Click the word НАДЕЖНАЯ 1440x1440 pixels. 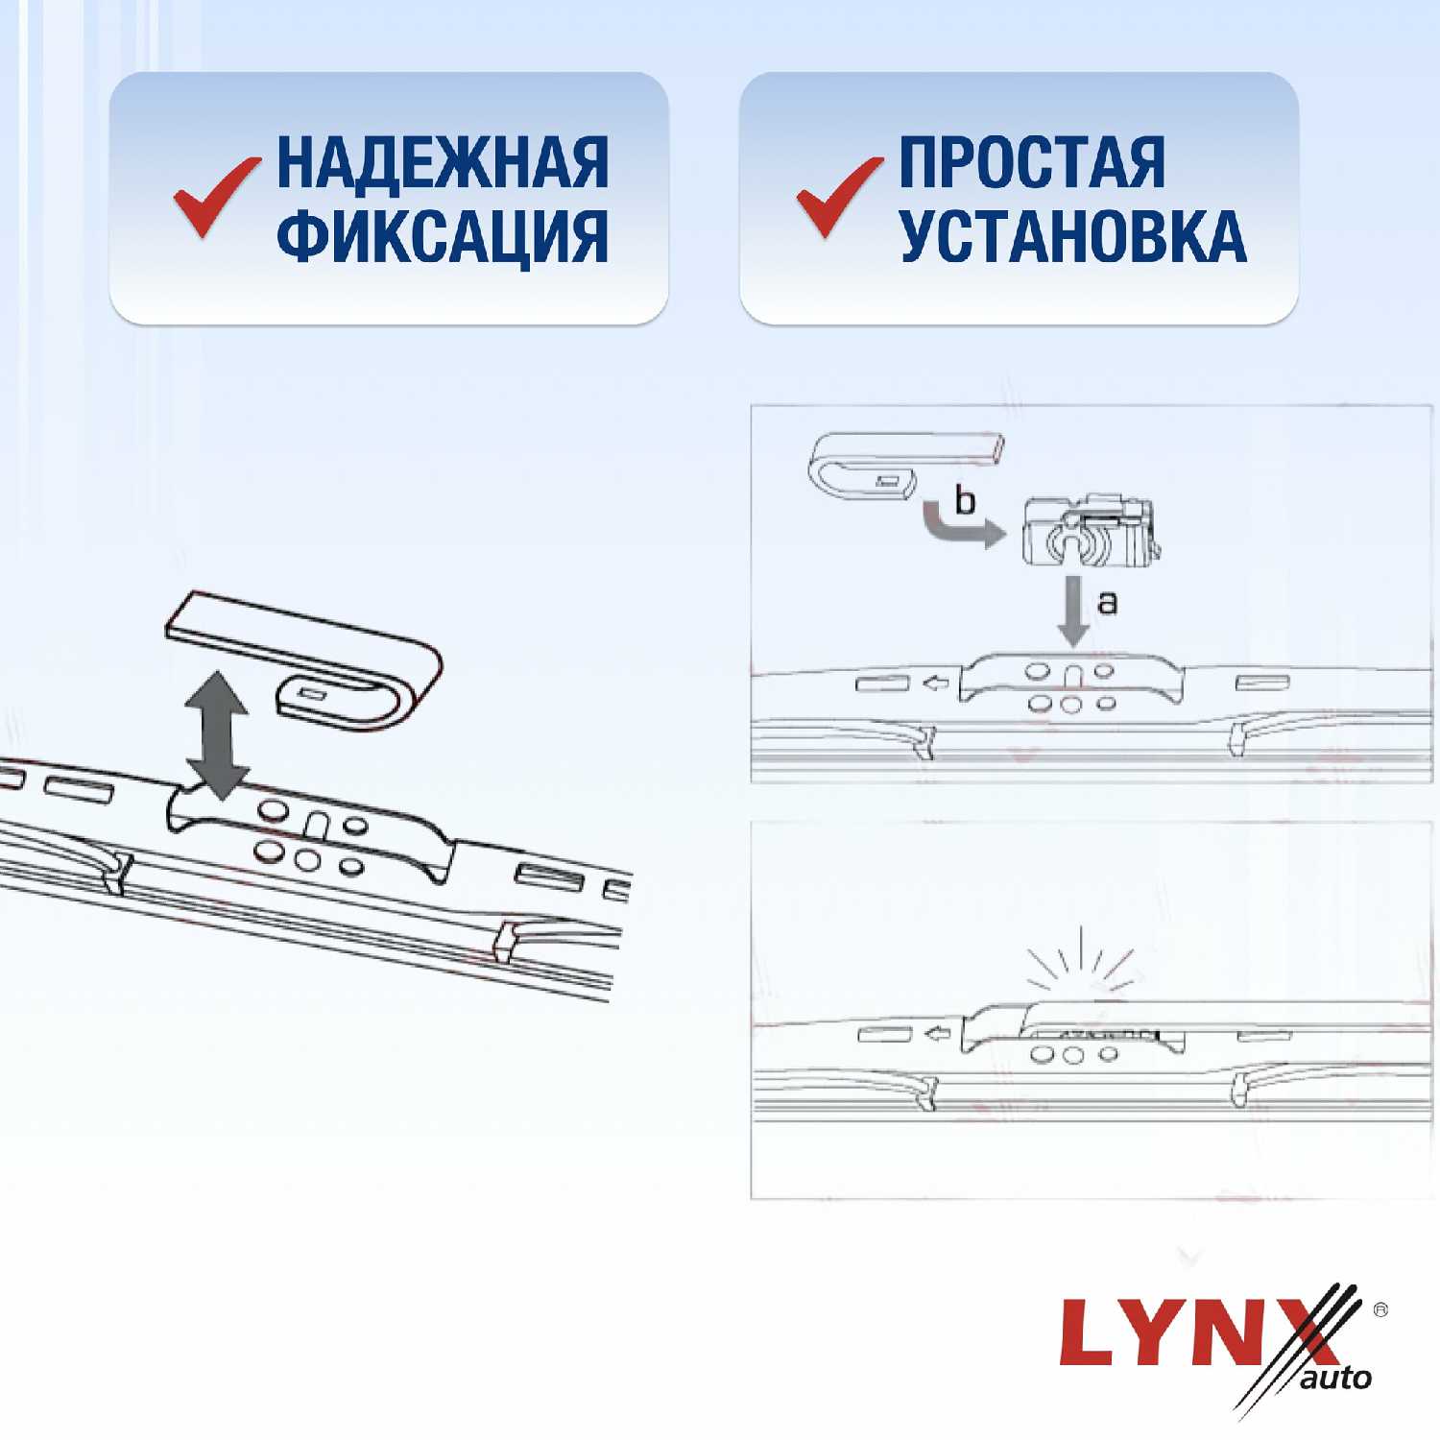click(443, 162)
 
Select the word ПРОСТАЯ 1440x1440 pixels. click(1032, 162)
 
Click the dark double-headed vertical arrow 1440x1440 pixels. click(218, 735)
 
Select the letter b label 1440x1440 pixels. click(965, 500)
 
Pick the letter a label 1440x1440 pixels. click(1107, 603)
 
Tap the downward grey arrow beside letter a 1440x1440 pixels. click(1073, 611)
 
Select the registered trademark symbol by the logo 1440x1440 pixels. click(1380, 1309)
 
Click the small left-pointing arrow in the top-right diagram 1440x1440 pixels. click(935, 683)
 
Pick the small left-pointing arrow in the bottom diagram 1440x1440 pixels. click(935, 1034)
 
